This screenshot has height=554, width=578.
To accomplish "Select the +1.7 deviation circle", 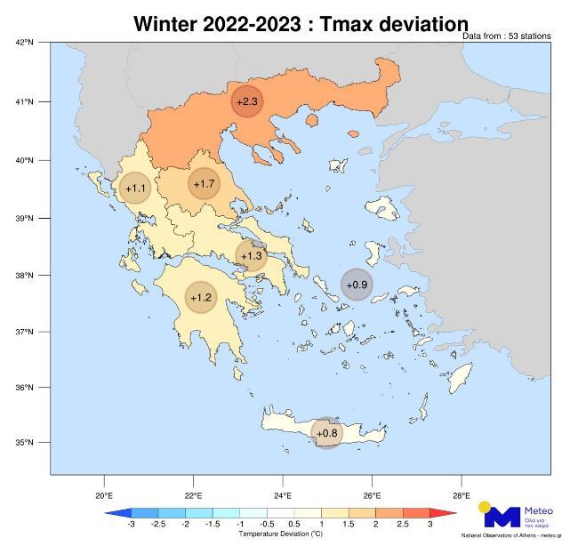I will (204, 184).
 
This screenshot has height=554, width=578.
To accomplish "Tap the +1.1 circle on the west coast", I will (135, 189).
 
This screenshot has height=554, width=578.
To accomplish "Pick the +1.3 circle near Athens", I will (252, 256).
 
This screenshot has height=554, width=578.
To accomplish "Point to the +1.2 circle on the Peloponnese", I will (200, 297).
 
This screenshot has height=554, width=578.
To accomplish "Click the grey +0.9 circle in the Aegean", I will (357, 285).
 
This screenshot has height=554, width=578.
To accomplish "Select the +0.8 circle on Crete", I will (327, 433).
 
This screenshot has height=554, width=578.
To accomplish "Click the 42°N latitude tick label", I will (25, 43).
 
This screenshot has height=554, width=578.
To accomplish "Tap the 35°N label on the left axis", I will (25, 443).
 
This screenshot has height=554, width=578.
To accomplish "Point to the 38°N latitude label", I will (25, 275).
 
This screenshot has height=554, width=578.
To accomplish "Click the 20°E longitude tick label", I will (104, 494).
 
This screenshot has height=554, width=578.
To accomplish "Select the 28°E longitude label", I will (461, 494).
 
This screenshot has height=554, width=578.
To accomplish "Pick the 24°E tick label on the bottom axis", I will (283, 494).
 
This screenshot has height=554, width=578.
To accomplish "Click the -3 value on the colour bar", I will (131, 525).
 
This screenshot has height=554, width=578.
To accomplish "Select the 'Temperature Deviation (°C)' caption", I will (280, 534).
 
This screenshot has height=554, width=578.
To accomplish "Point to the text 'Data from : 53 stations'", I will (507, 36).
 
